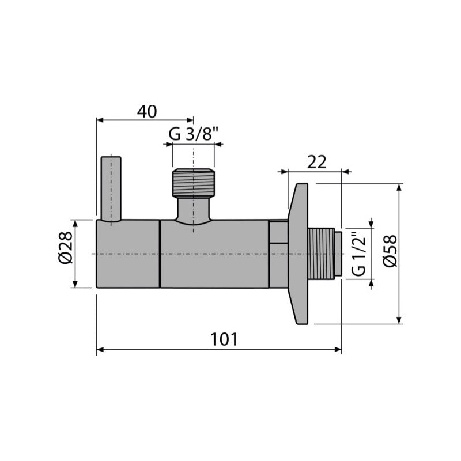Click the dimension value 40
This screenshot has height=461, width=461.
147,111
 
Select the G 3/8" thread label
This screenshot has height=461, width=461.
194,134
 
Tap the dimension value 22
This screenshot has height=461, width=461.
316,162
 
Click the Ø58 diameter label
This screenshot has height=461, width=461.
390,251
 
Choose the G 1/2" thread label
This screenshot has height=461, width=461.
358,254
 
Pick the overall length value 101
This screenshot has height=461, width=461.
224,339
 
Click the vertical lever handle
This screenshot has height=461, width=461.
111,188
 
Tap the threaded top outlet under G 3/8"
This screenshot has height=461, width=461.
194,183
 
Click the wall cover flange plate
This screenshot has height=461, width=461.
298,254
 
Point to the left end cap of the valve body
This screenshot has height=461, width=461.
127,254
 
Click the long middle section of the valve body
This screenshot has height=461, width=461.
214,254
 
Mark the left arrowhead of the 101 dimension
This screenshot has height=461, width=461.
100,349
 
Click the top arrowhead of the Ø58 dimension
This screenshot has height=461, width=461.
398,187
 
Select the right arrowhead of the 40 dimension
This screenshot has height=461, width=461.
190,120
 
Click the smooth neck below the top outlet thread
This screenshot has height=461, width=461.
194,209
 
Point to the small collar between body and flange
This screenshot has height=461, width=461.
278,254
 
